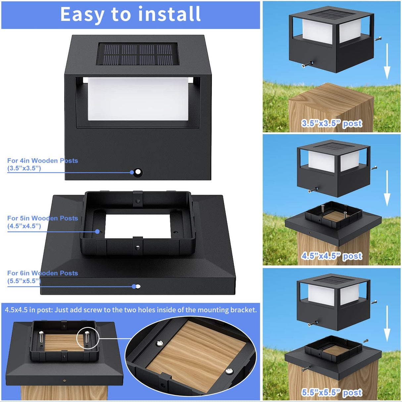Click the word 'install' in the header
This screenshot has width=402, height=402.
point(169,14)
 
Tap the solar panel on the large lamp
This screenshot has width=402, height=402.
point(138,54)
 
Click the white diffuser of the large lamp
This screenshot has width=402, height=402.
point(138,99)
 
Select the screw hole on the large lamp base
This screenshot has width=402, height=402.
point(138,173)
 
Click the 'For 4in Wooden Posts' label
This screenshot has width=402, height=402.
point(42,161)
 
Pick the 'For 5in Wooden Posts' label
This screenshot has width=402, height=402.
point(42,218)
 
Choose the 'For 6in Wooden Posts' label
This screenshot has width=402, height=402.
point(42,273)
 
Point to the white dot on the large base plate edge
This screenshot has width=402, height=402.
point(138,286)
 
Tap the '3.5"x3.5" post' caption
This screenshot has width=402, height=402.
point(331,124)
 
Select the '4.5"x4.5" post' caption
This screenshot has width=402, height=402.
point(331,256)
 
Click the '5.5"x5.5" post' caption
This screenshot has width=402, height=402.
point(331,393)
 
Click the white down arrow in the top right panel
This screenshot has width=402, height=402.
point(387,61)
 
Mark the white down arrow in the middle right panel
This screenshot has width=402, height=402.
point(387,189)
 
